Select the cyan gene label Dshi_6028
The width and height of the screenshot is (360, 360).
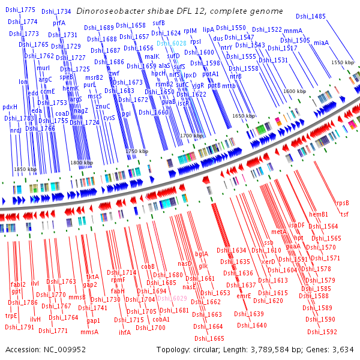pos(172,43)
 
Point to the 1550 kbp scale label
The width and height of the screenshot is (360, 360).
pos(343,62)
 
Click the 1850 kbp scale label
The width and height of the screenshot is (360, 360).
pos(25,170)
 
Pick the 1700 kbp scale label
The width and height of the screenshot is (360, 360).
pos(191,136)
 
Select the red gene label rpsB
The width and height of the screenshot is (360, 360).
pos(342,203)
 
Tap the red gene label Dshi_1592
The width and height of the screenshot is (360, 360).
pos(322,331)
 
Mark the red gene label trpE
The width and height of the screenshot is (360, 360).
pos(11,316)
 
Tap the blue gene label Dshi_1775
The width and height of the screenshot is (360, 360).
pos(22,10)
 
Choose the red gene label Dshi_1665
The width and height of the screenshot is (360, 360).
pos(209,338)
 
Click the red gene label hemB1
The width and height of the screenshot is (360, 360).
pos(319,214)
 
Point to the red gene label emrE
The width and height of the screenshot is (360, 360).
pos(244,296)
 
